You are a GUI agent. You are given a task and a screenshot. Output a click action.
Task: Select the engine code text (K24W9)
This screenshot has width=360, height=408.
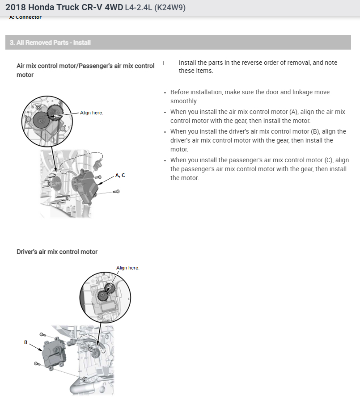169,8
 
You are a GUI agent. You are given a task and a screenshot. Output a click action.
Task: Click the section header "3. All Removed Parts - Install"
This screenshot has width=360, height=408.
50,43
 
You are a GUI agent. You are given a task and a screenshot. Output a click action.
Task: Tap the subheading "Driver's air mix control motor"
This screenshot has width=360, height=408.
57,252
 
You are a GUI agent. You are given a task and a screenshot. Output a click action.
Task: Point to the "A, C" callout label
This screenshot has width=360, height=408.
120,175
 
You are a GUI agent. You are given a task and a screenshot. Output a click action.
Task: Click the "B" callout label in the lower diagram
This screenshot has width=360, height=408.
25,342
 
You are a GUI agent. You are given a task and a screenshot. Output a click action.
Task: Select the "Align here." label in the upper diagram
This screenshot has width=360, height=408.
92,113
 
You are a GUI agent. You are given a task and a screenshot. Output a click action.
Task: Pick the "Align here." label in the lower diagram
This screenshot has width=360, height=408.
127,268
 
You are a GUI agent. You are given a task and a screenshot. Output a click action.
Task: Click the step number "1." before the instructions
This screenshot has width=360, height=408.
164,63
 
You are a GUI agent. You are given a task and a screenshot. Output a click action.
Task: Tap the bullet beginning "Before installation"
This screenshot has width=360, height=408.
250,92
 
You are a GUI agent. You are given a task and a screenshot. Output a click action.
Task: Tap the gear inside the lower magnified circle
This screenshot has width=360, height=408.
103,294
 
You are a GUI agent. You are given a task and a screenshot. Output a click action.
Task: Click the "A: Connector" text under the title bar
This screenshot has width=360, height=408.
25,17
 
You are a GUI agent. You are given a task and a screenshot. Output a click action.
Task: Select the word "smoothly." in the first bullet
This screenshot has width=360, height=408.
184,101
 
